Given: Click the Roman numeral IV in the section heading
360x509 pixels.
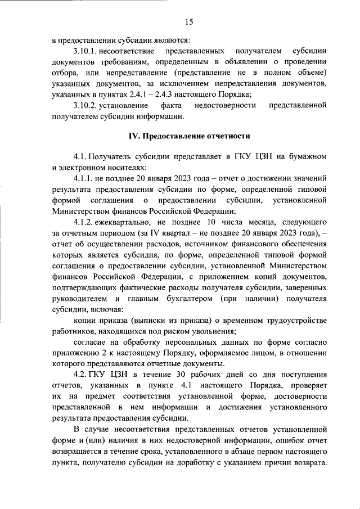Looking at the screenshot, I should click(x=134, y=136).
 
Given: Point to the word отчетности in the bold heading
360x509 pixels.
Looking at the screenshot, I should click(x=226, y=136).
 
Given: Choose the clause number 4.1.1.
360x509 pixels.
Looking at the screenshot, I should click(x=84, y=178).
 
